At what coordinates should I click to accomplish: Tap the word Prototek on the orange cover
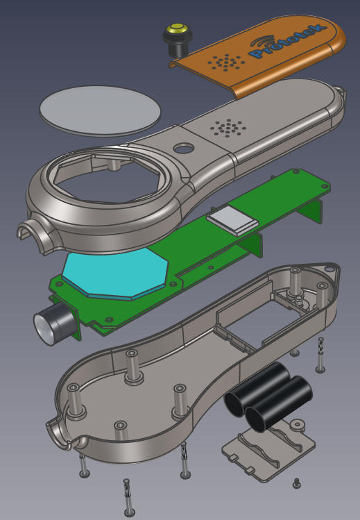point(286,42)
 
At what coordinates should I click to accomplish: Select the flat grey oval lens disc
point(100,110)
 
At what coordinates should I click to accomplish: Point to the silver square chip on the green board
point(232,220)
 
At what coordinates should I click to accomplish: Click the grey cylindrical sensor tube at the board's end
point(55,323)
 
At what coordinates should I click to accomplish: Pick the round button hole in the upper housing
point(183,148)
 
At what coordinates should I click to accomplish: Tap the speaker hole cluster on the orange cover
point(227,62)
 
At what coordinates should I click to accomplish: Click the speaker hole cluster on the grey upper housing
point(228,128)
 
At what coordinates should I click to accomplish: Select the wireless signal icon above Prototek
point(263,42)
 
